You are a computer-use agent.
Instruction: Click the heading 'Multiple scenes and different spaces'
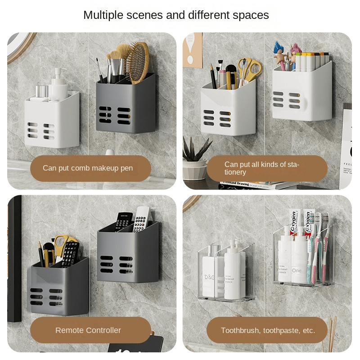(x=176, y=15)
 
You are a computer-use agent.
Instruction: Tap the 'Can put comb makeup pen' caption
(x=88, y=168)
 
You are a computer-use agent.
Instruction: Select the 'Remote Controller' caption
(x=88, y=330)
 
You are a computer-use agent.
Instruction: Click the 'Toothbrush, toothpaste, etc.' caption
(x=267, y=330)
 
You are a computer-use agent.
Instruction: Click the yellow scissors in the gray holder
(x=60, y=245)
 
